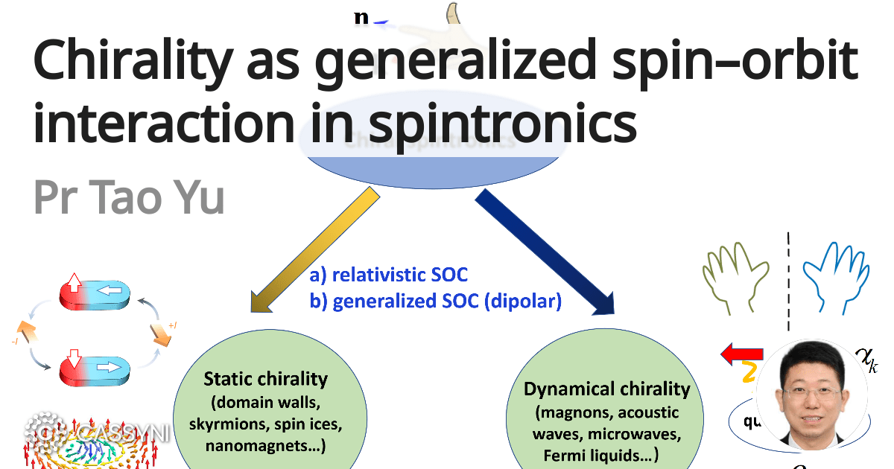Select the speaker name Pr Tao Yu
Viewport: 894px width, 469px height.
(129, 194)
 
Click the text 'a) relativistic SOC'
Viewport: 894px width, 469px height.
(389, 275)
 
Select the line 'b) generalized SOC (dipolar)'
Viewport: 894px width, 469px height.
(435, 301)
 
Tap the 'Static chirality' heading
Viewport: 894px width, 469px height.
(266, 379)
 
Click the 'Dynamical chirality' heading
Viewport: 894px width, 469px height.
(607, 389)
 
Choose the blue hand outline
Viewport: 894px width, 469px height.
(837, 275)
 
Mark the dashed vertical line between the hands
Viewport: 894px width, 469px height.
(788, 283)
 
